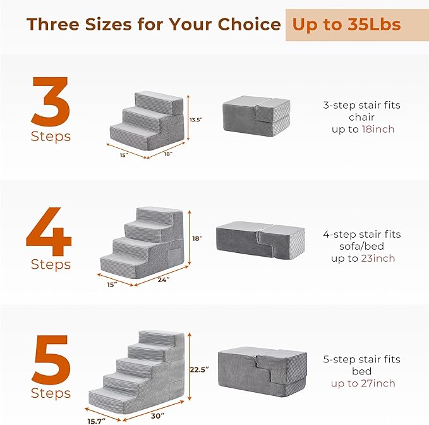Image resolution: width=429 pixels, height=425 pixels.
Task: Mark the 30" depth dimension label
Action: [158, 416]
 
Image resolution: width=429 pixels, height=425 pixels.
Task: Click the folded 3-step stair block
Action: [256, 115]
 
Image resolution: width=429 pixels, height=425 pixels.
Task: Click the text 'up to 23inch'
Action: [363, 258]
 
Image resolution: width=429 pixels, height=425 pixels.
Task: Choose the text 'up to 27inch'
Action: [363, 383]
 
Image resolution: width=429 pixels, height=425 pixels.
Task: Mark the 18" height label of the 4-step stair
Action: [197, 238]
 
